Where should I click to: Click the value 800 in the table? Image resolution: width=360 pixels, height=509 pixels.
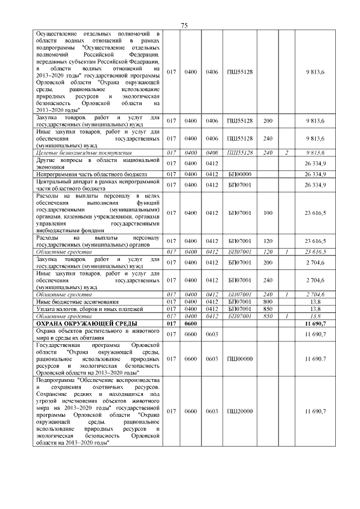point(268,301)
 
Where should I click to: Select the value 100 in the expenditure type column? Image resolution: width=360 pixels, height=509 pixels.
point(268,213)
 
